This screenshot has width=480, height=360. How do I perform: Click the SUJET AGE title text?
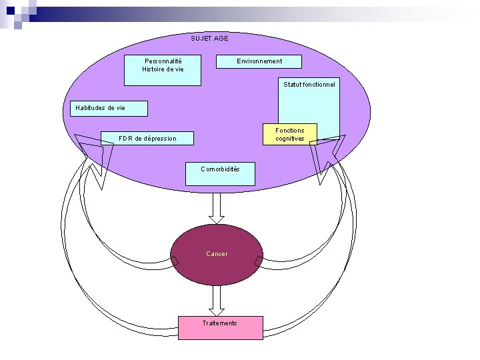[209, 39]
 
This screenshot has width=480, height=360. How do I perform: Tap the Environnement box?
[259, 61]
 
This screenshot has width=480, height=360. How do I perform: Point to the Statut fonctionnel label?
[309, 85]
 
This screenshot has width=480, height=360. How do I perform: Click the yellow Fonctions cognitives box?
[289, 134]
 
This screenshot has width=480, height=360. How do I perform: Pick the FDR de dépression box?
[147, 138]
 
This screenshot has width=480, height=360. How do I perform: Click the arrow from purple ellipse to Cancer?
[217, 208]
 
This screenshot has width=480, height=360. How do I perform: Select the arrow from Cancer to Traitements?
[217, 300]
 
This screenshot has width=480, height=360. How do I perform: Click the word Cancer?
[217, 254]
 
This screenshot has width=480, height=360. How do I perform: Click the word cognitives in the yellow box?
[289, 139]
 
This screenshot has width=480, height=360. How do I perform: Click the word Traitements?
[220, 323]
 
